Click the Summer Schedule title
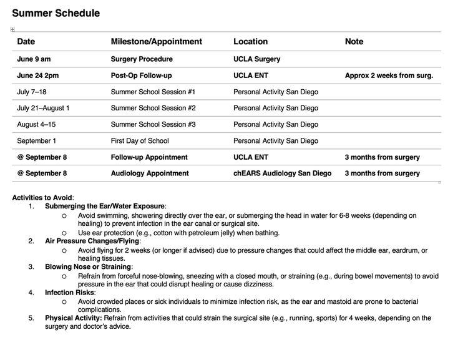[x=56, y=12]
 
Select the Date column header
[x=26, y=42]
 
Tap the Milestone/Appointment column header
[x=156, y=42]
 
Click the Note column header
[x=354, y=42]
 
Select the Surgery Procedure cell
[x=142, y=59]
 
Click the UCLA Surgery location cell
[x=256, y=59]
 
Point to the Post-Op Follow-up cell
[x=141, y=75]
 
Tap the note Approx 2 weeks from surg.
[x=389, y=75]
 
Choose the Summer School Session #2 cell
[x=153, y=108]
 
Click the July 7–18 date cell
[x=36, y=92]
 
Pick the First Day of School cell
[x=140, y=140]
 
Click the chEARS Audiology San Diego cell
[x=282, y=173]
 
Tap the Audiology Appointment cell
[x=150, y=173]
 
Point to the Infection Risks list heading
[x=70, y=292]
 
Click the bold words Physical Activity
[x=74, y=318]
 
